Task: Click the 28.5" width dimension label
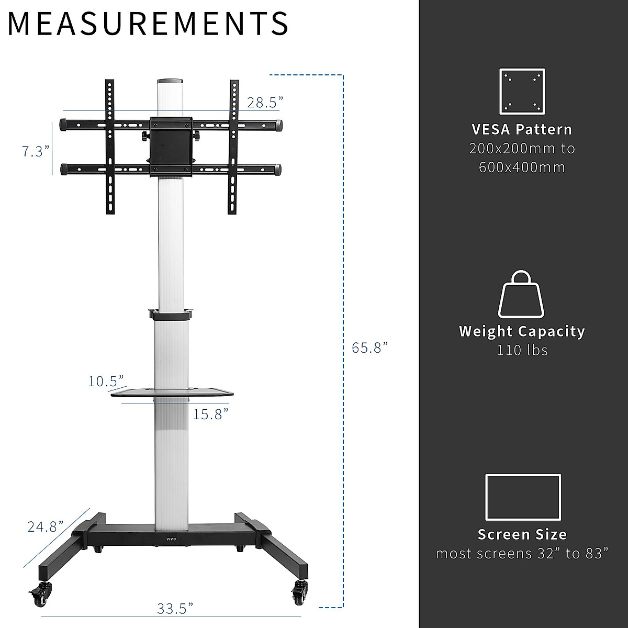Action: pos(265,102)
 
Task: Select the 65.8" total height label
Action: pos(369,347)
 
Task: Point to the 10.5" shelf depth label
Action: pos(106,380)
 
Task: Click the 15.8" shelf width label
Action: pos(211,414)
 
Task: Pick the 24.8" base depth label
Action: pos(45,526)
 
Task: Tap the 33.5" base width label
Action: pos(175,609)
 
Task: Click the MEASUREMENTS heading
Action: pos(148,23)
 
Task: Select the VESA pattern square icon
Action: pos(522,92)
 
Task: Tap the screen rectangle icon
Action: pos(523,497)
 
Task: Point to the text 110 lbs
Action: pos(522,350)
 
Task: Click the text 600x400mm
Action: pos(522,167)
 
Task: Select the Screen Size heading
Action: pos(522,534)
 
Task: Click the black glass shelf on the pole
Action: pos(172,391)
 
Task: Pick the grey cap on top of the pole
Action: pos(170,82)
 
